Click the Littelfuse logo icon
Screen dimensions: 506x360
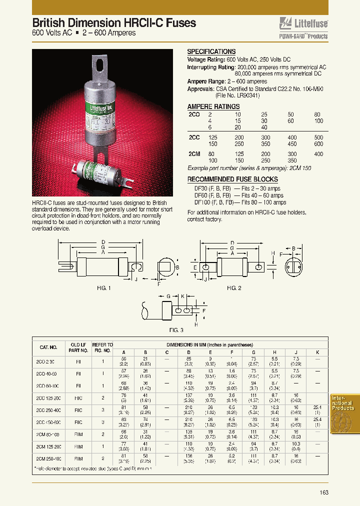point(285,23)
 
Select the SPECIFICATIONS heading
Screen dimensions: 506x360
point(211,51)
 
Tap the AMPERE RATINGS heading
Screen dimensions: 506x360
point(213,106)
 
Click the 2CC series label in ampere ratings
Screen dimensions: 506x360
point(194,137)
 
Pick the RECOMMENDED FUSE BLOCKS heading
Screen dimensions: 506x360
point(232,179)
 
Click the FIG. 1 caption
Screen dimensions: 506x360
point(103,288)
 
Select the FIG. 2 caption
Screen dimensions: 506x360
point(234,288)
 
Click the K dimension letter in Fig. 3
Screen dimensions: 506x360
point(183,296)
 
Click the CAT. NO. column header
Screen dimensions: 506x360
point(48,347)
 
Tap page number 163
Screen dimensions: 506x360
point(324,492)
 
